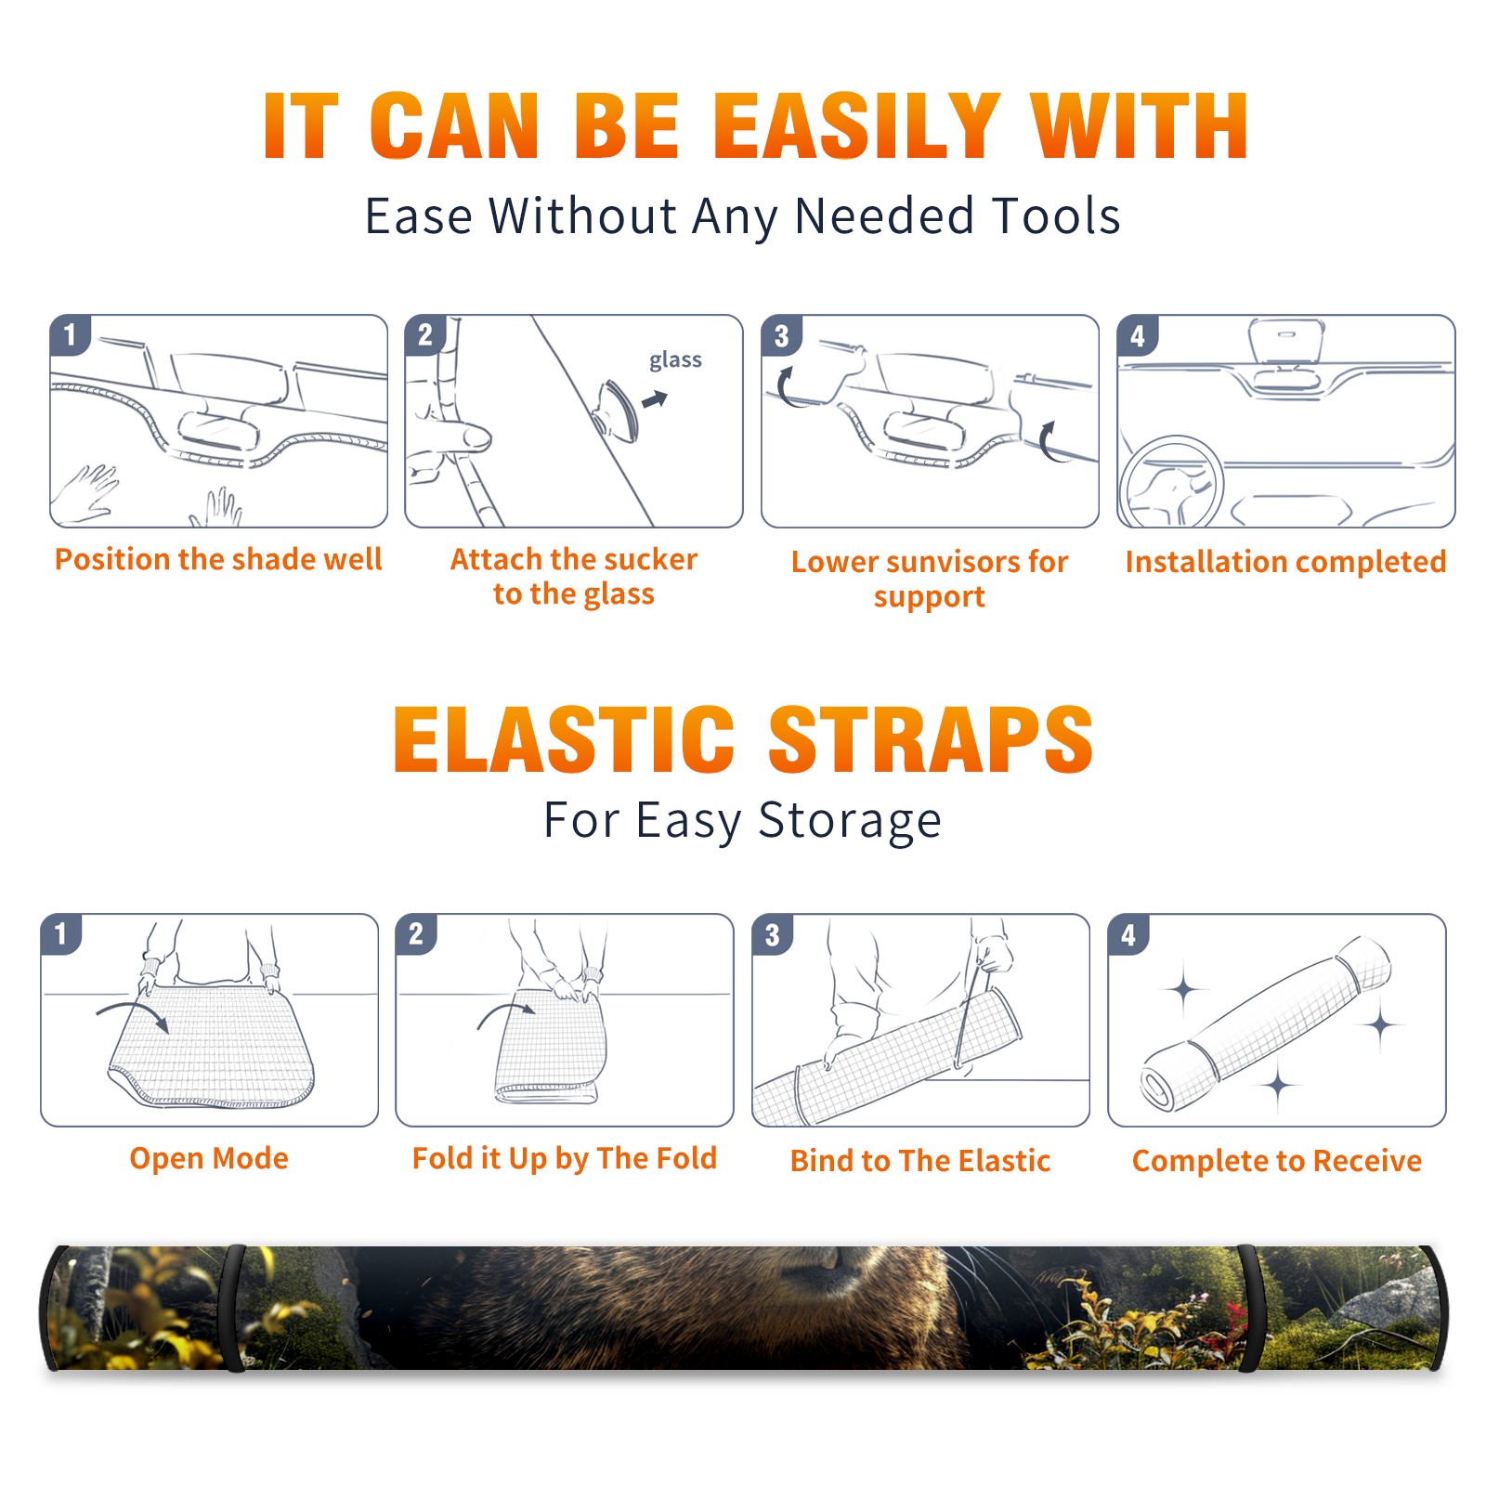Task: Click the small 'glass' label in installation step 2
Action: click(x=675, y=360)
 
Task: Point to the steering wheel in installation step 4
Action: click(x=1170, y=481)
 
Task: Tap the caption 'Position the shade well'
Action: click(x=218, y=559)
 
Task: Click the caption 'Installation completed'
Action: click(x=1285, y=561)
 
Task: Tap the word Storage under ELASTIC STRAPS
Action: click(x=850, y=821)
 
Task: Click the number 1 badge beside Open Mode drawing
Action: click(x=61, y=933)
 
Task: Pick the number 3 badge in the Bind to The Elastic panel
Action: click(x=773, y=934)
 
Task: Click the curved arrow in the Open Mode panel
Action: click(x=133, y=1013)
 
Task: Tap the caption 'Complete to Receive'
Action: click(x=1277, y=1161)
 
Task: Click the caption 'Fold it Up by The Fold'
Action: click(x=565, y=1158)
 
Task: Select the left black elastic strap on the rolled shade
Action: click(x=232, y=1309)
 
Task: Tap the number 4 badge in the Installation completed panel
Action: click(x=1138, y=335)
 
